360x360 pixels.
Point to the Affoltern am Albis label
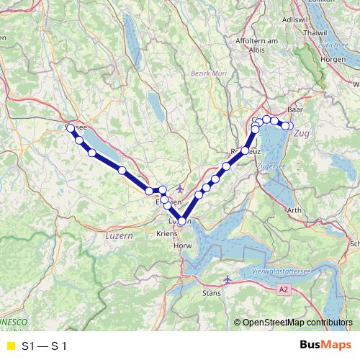pos(256,47)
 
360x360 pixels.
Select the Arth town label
pos(315,210)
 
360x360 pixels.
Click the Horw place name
pos(181,247)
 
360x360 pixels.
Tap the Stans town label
pos(212,294)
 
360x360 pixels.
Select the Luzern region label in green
pos(119,235)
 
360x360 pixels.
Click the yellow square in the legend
pos(10,346)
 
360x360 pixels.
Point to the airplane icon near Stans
pos(228,278)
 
